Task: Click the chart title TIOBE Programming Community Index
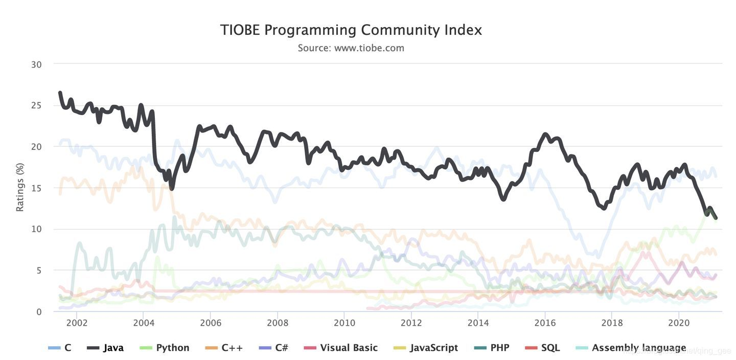coord(351,30)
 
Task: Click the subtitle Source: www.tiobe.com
coord(351,48)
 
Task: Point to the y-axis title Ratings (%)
coord(20,187)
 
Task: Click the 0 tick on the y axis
coord(38,311)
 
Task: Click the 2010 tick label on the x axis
coord(344,323)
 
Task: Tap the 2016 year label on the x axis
coord(545,323)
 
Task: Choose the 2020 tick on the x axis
coord(679,323)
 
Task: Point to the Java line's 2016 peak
coord(545,135)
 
